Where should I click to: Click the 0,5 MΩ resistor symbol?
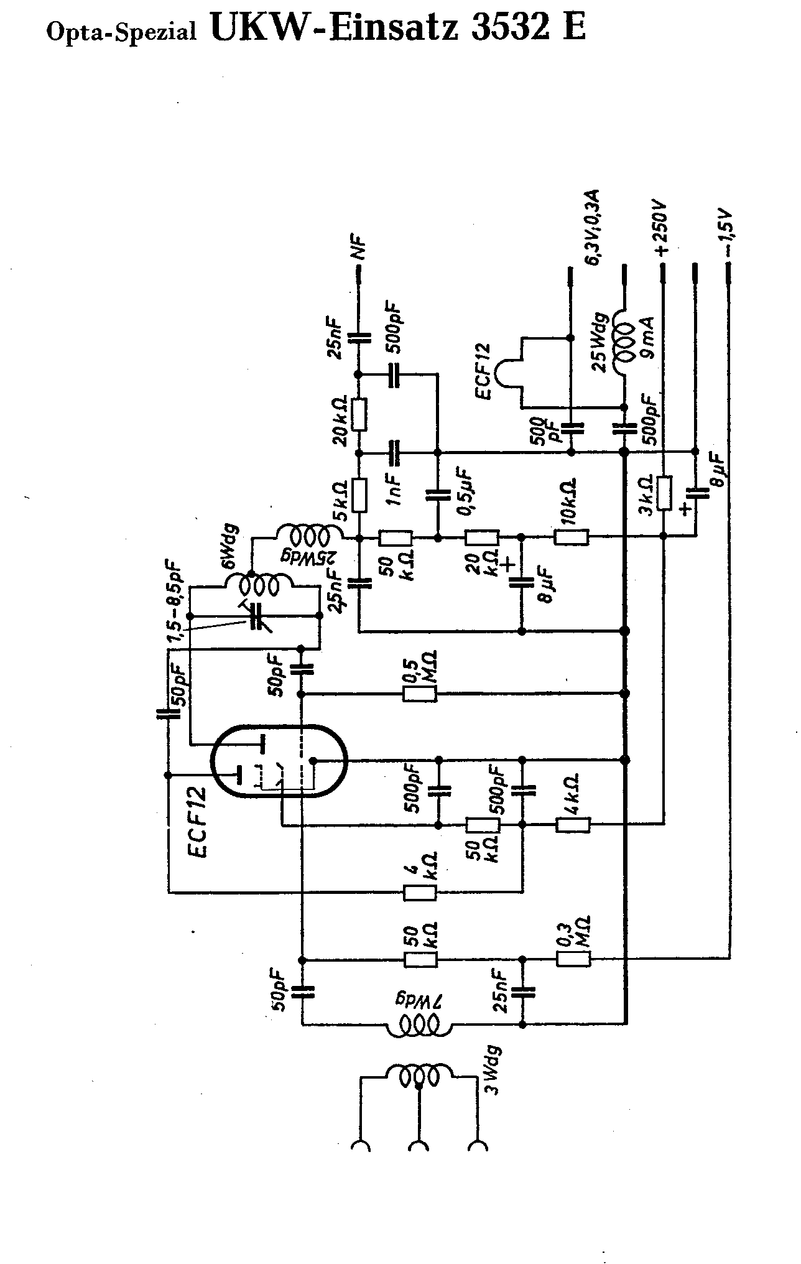(420, 693)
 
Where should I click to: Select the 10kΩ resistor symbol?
(572, 537)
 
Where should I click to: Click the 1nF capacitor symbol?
(394, 453)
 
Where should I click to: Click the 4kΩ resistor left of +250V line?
(573, 825)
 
